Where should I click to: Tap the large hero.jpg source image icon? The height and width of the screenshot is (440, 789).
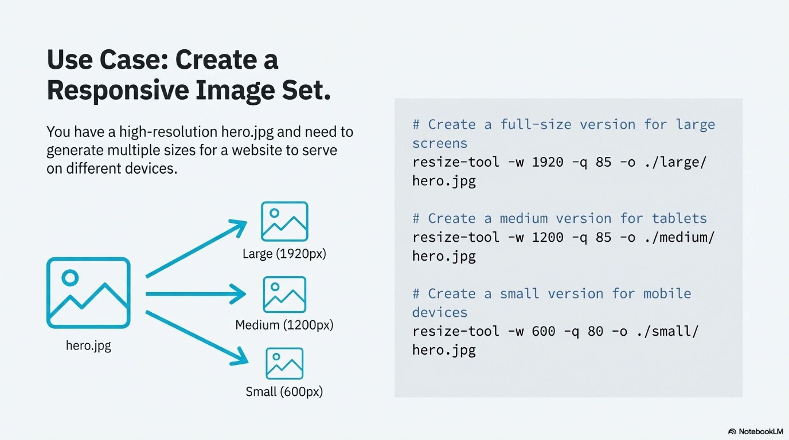click(x=88, y=293)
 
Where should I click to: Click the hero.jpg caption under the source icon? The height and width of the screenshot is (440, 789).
click(x=88, y=346)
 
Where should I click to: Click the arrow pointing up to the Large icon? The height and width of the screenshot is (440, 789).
click(x=196, y=249)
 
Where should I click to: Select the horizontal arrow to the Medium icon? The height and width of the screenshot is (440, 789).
click(x=196, y=294)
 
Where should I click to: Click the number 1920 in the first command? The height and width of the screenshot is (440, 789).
click(x=547, y=162)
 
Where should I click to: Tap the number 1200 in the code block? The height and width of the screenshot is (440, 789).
click(x=547, y=237)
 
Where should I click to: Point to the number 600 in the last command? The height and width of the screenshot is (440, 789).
click(x=543, y=331)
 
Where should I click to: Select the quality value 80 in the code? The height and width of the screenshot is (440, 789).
click(x=595, y=331)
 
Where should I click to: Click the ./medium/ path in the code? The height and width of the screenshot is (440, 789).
click(x=680, y=237)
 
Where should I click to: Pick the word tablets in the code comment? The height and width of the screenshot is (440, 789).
click(x=679, y=218)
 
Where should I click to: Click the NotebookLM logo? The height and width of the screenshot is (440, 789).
click(x=755, y=431)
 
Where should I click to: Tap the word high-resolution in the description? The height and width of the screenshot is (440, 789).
click(x=168, y=132)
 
